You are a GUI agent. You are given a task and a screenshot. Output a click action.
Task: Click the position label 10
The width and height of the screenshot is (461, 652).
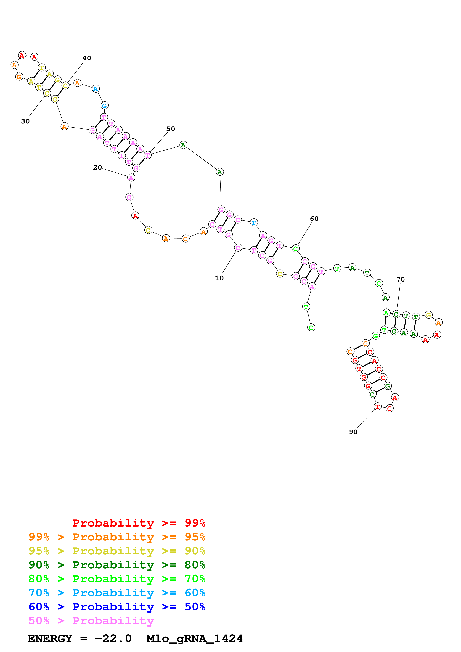pos(219,278)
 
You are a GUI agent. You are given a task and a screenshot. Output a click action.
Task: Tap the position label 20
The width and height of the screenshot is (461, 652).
pos(97,167)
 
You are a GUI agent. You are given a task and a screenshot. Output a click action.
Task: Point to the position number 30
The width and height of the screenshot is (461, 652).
pos(25,121)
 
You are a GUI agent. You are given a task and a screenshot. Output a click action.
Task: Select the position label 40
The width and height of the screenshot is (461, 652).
pos(87,58)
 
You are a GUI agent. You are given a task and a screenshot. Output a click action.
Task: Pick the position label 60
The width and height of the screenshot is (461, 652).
pos(314,218)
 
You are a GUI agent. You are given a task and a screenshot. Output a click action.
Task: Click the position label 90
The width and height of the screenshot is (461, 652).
pos(353,432)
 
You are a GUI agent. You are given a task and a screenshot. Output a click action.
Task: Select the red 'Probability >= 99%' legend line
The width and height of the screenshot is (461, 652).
pos(139,523)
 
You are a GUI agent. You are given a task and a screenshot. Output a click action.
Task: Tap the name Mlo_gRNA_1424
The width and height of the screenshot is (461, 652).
pos(195,638)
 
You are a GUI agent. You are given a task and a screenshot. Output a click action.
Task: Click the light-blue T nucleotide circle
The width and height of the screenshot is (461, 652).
pos(254,223)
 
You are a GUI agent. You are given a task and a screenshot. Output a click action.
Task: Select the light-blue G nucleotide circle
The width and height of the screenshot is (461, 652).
pos(105,106)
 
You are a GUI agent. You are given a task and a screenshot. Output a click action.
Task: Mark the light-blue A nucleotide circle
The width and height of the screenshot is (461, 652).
pos(96,89)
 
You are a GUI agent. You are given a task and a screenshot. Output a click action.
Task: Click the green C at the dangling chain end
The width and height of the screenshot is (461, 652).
pos(311,327)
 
